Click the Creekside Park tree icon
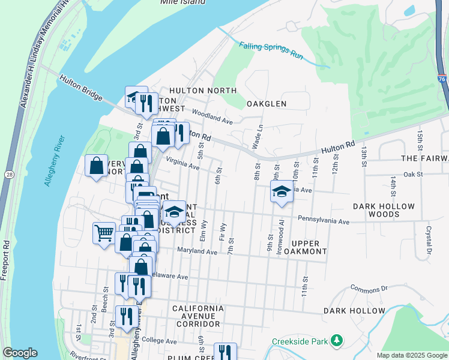tap(337, 341)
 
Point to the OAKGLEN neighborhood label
tap(267, 104)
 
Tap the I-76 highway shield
tap(442, 79)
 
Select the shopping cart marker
tap(104, 232)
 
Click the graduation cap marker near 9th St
tap(281, 193)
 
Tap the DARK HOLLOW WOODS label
tap(384, 210)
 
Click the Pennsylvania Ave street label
tap(323, 221)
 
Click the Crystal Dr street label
tap(429, 237)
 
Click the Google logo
tap(20, 353)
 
